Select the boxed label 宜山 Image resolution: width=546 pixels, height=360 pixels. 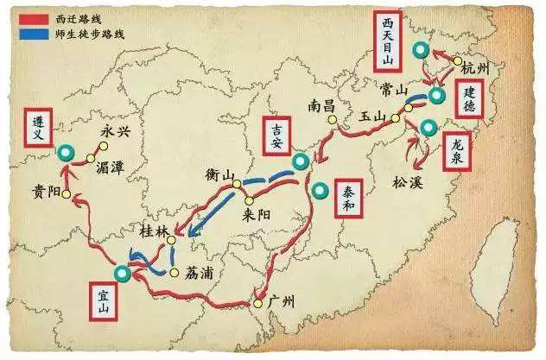(104, 301)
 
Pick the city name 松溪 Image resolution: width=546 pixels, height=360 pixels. (409, 182)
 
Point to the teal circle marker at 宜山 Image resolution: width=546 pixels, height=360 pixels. (123, 274)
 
